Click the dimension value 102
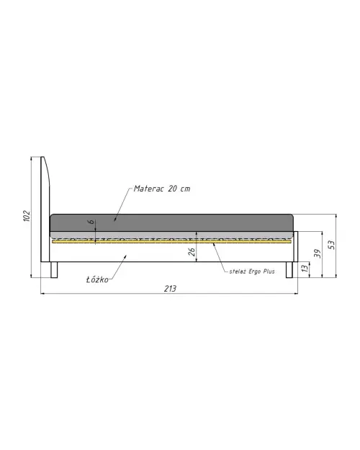(27, 216)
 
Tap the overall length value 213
(170, 289)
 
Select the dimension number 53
(331, 245)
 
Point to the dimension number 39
(318, 253)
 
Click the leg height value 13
(305, 268)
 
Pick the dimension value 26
(192, 252)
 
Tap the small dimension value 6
(91, 222)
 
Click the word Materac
(148, 189)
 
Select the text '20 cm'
(179, 189)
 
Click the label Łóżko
(97, 279)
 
